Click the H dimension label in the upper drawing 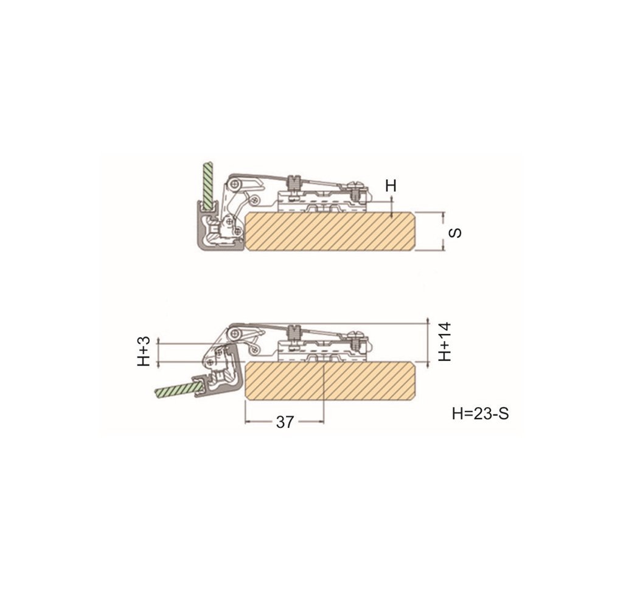pos(391,186)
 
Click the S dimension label pos(455,232)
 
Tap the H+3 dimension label pos(144,351)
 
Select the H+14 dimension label pos(445,342)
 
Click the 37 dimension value pos(285,422)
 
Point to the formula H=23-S pos(481,414)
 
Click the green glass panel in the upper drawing pos(208,185)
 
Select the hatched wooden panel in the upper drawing pos(330,232)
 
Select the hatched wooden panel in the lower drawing pos(330,381)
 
